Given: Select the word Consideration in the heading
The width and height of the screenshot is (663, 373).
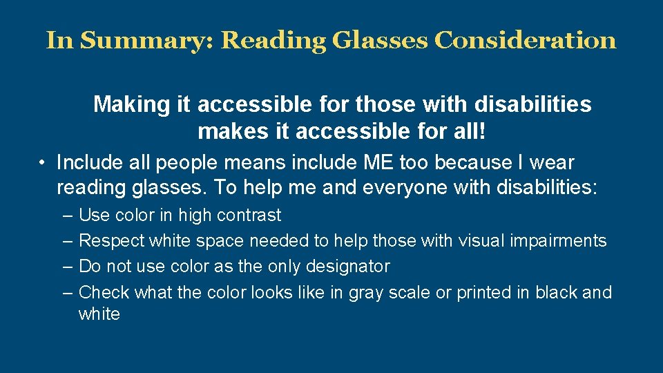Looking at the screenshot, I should pyautogui.click(x=525, y=40).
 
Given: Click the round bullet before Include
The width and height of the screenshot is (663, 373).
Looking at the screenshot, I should pyautogui.click(x=43, y=164).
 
